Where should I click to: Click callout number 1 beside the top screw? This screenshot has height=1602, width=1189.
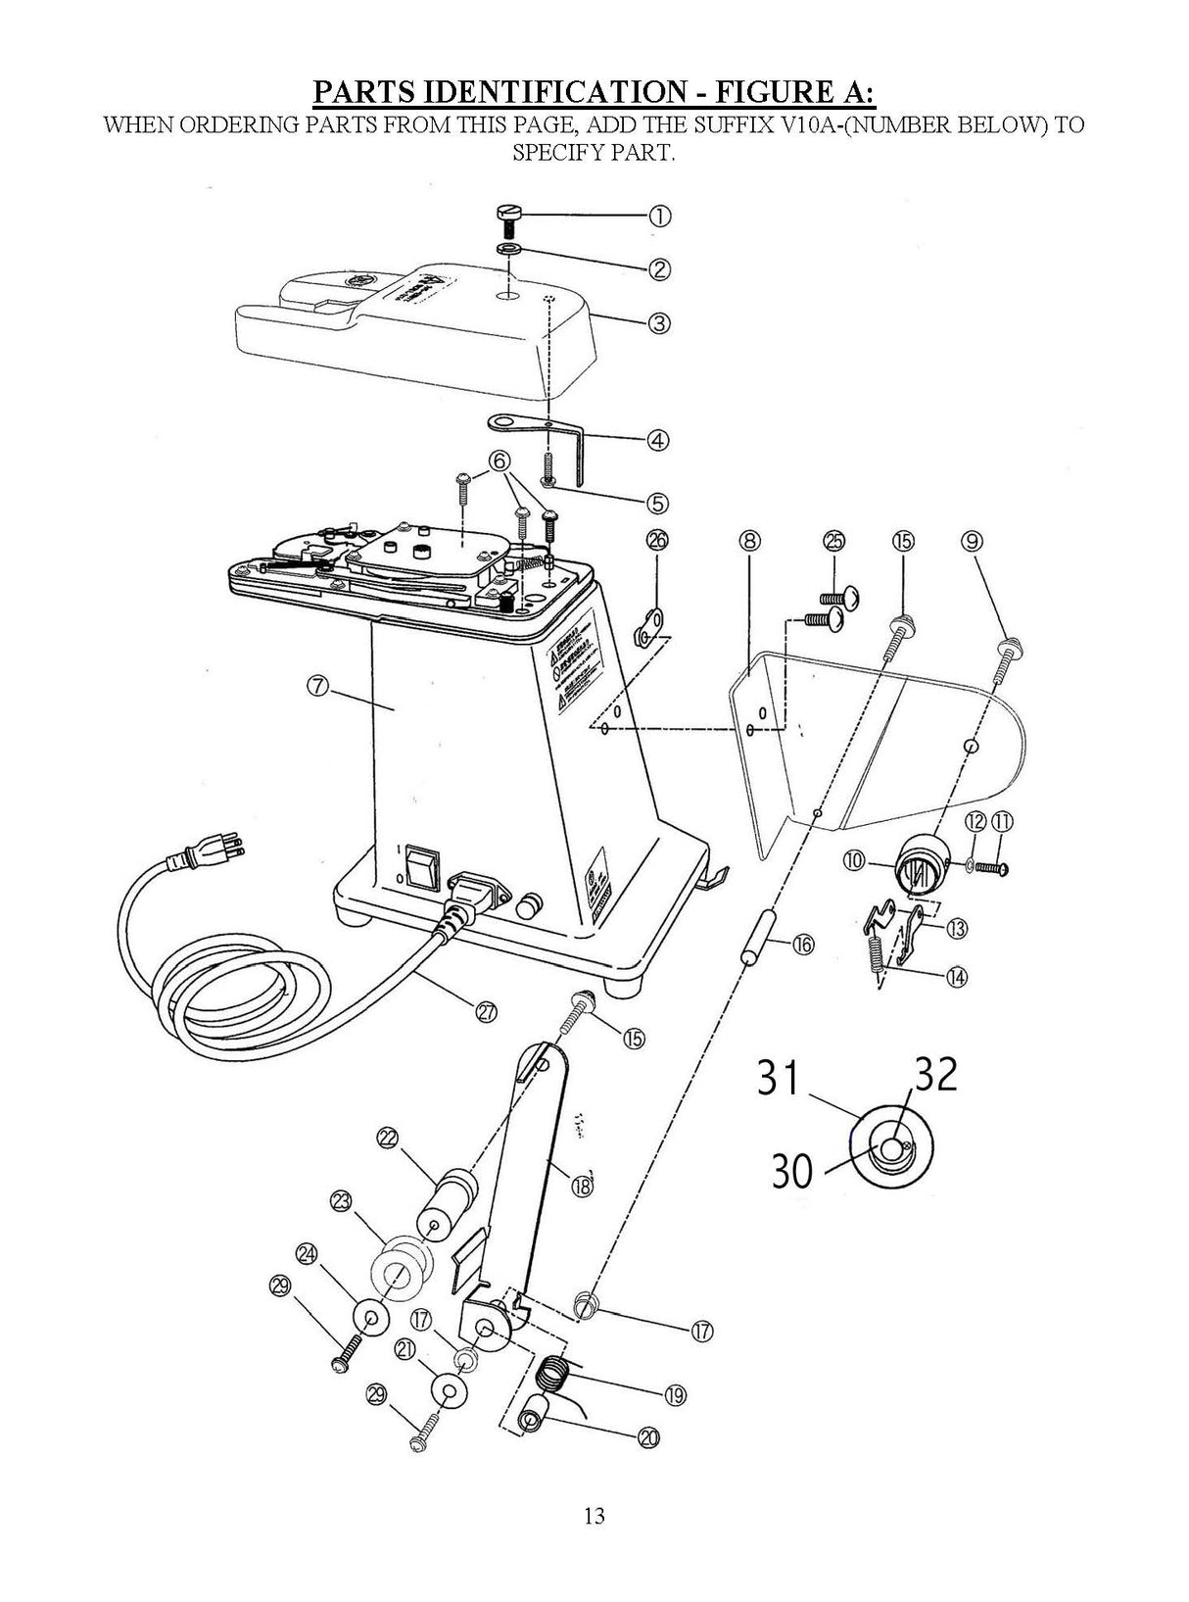click(660, 217)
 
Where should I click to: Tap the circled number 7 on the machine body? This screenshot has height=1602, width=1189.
click(317, 686)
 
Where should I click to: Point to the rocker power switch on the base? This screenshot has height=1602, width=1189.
click(420, 865)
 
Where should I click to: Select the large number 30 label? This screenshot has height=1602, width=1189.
click(792, 1170)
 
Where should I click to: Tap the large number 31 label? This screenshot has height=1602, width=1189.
click(780, 1081)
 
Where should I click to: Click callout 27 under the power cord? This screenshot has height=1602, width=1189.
click(486, 1014)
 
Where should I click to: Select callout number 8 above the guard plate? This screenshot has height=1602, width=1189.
click(750, 541)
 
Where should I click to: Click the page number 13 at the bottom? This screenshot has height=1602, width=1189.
click(594, 1517)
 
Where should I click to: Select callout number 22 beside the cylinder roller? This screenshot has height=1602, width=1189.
click(387, 1138)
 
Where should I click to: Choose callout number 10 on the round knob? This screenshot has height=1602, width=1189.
click(855, 860)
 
